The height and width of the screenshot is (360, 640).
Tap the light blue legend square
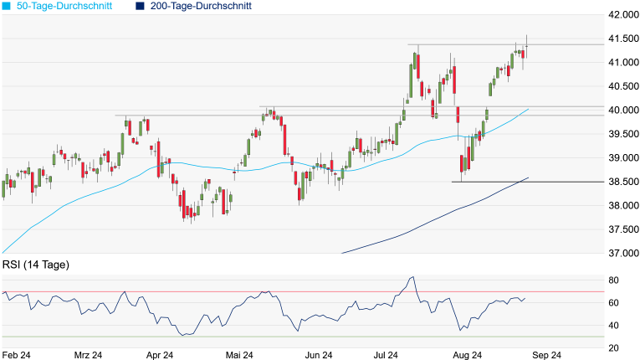tap(7, 6)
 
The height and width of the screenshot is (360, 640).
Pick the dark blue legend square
tap(140, 6)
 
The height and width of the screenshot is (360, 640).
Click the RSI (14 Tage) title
tap(36, 265)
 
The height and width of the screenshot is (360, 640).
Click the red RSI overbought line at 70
tap(251, 291)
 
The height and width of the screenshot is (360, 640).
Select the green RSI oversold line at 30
tap(251, 337)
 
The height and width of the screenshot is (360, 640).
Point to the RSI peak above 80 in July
tap(412, 277)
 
